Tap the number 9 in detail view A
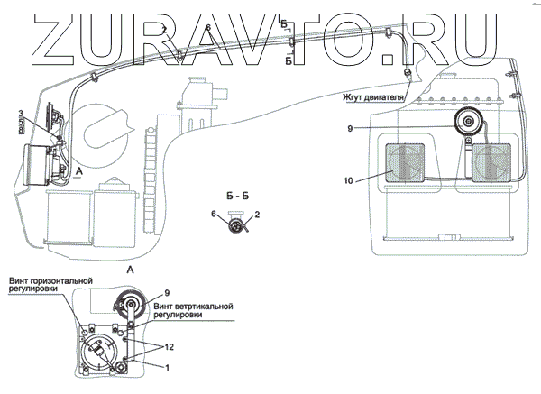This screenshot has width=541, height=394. [166, 291]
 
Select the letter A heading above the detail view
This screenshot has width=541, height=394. [133, 270]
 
